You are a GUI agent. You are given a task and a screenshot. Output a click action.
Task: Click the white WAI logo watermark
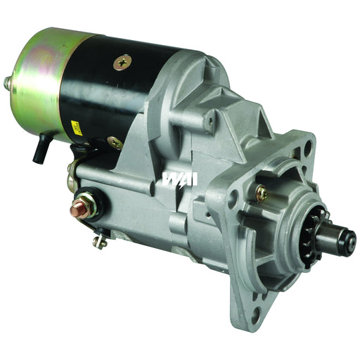tap(180, 179)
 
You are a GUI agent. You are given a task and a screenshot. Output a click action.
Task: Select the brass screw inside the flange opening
tap(261, 192)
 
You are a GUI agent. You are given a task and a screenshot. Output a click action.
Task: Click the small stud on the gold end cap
tap(8, 83)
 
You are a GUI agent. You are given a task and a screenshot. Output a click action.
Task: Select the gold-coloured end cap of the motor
tap(35, 77)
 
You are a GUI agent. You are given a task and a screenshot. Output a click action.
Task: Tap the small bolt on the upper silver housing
tap(208, 122)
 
